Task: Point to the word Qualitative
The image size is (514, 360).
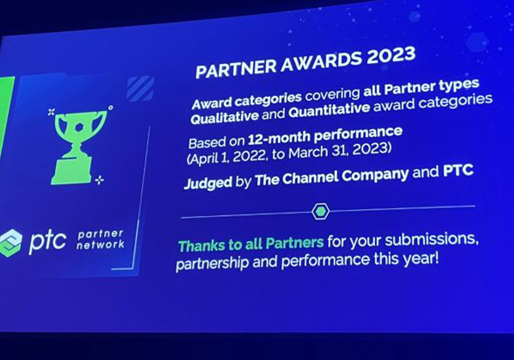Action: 225,117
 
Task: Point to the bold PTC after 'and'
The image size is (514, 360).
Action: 458,171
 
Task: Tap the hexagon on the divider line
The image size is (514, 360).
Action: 320,211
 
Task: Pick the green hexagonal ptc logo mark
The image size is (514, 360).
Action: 10,243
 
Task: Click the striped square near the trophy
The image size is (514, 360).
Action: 140,88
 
